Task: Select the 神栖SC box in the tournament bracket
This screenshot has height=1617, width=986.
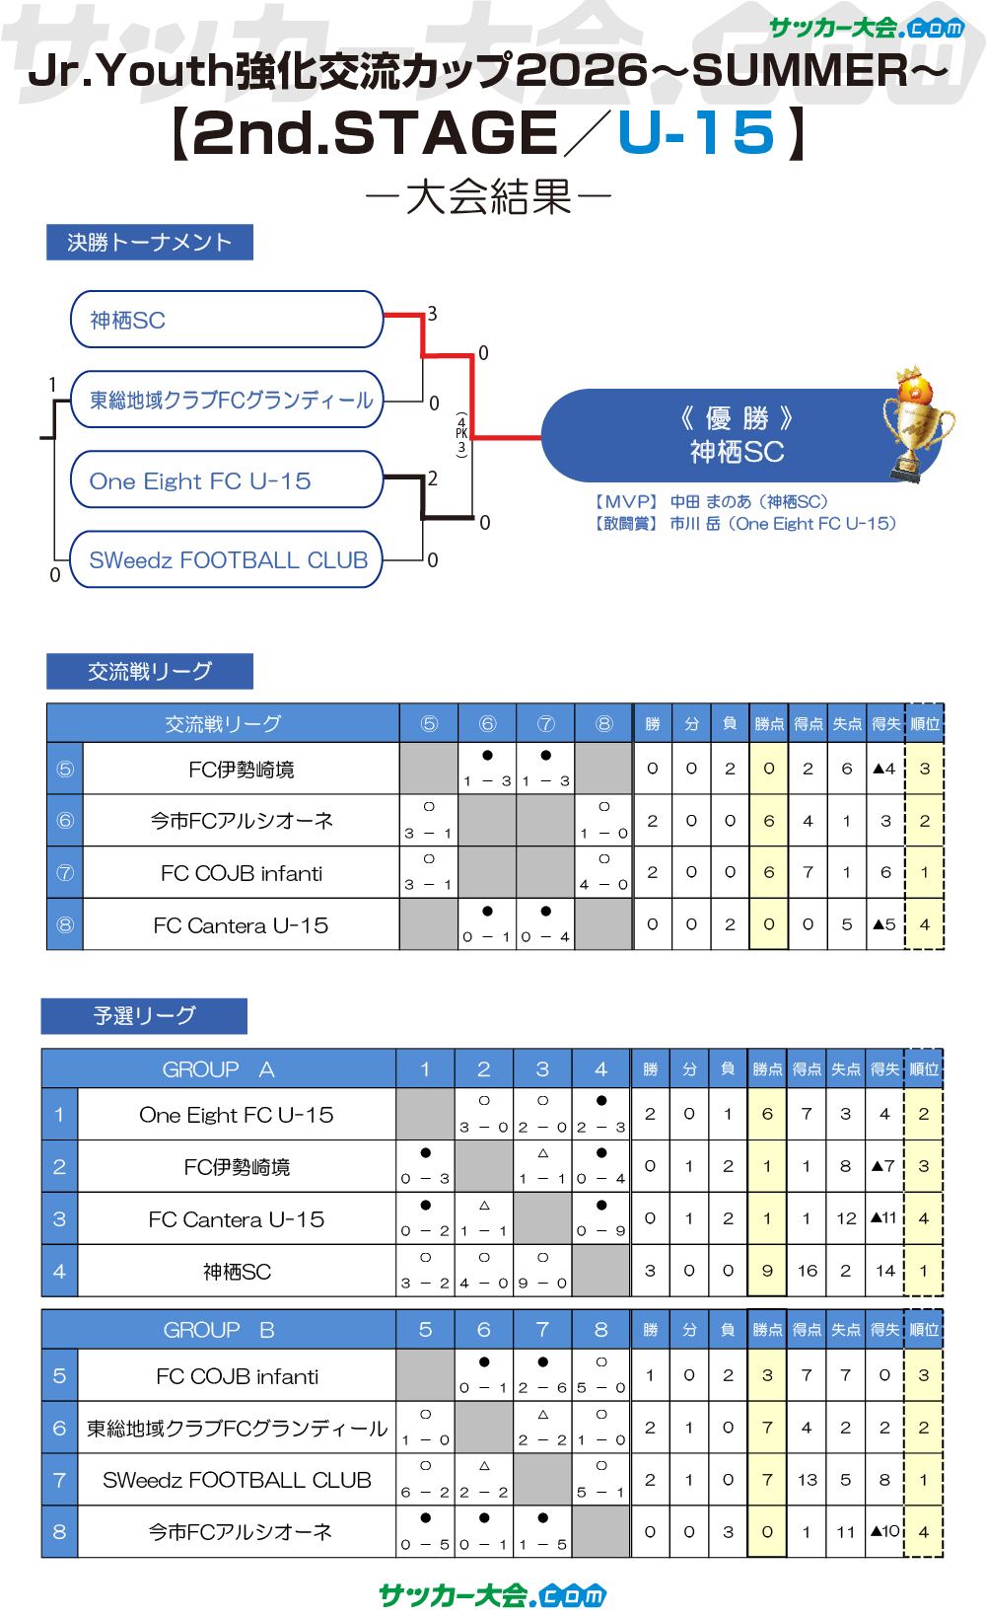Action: tap(227, 320)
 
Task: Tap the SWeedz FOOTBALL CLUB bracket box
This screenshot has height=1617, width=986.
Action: tap(227, 559)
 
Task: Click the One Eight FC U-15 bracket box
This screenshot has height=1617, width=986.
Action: tap(227, 480)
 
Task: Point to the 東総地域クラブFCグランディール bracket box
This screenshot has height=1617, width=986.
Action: tap(227, 400)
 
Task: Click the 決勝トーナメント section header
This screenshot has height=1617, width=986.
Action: tap(150, 242)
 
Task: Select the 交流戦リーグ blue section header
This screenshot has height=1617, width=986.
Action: tap(150, 671)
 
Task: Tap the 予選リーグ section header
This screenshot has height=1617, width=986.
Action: tap(144, 1015)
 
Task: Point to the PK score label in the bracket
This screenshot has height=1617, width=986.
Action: tap(461, 434)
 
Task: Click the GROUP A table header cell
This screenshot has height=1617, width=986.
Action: tap(219, 1069)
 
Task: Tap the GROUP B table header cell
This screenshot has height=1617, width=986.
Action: tap(219, 1330)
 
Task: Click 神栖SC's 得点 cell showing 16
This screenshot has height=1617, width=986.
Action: tap(807, 1271)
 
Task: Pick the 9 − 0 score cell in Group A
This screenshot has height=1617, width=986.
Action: tap(542, 1271)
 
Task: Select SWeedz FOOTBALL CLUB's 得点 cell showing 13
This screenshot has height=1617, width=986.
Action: tap(807, 1479)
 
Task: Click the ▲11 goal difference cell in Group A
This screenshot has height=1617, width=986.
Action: tap(884, 1218)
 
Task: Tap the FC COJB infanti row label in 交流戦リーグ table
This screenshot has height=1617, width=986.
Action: tap(242, 873)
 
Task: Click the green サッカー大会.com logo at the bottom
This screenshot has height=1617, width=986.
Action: tap(493, 1594)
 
